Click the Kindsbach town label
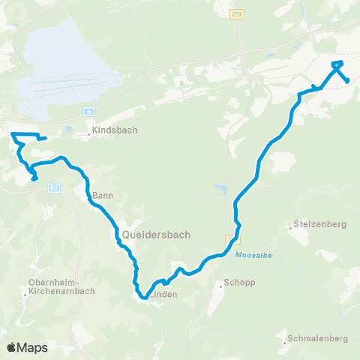[112, 129]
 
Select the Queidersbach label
[155, 234]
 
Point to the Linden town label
[165, 295]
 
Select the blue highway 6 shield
[89, 110]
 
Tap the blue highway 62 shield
[53, 187]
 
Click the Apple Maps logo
[27, 347]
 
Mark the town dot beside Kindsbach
[88, 135]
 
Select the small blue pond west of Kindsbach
[68, 129]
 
